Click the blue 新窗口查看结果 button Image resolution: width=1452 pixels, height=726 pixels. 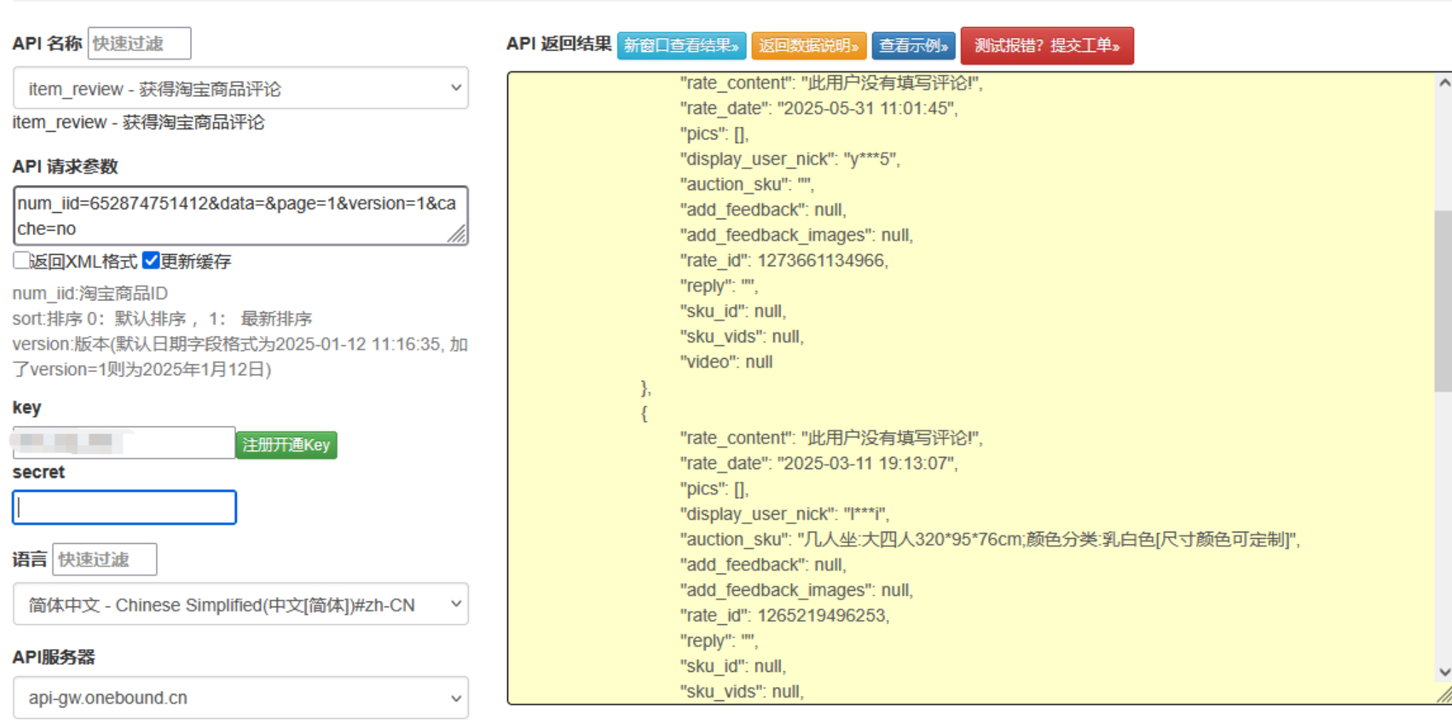point(682,46)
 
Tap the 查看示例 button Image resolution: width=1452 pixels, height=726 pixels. point(913,46)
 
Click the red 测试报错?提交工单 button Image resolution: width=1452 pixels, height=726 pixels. point(1046,46)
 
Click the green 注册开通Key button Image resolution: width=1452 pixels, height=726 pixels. point(286,445)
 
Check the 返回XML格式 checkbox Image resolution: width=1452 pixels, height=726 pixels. point(21,261)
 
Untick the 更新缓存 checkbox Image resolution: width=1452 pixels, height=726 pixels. point(150,261)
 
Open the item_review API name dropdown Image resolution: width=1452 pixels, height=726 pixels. point(240,88)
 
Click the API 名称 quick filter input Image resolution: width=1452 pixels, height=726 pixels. point(139,43)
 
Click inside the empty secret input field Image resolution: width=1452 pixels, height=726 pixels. point(124,507)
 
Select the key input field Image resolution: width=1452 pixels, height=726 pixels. point(124,443)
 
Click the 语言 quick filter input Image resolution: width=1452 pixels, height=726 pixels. point(105,559)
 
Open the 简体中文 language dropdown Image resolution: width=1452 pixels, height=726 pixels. point(240,604)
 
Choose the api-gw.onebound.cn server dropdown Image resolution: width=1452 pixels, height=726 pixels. point(240,698)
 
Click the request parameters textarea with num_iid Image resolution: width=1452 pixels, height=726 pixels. point(240,216)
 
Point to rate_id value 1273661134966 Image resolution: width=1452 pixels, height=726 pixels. point(821,261)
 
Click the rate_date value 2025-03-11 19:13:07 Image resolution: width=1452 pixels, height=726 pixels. point(867,463)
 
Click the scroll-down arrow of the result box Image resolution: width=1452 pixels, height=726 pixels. point(1444,672)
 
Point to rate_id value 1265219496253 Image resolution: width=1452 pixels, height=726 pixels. point(822,616)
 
